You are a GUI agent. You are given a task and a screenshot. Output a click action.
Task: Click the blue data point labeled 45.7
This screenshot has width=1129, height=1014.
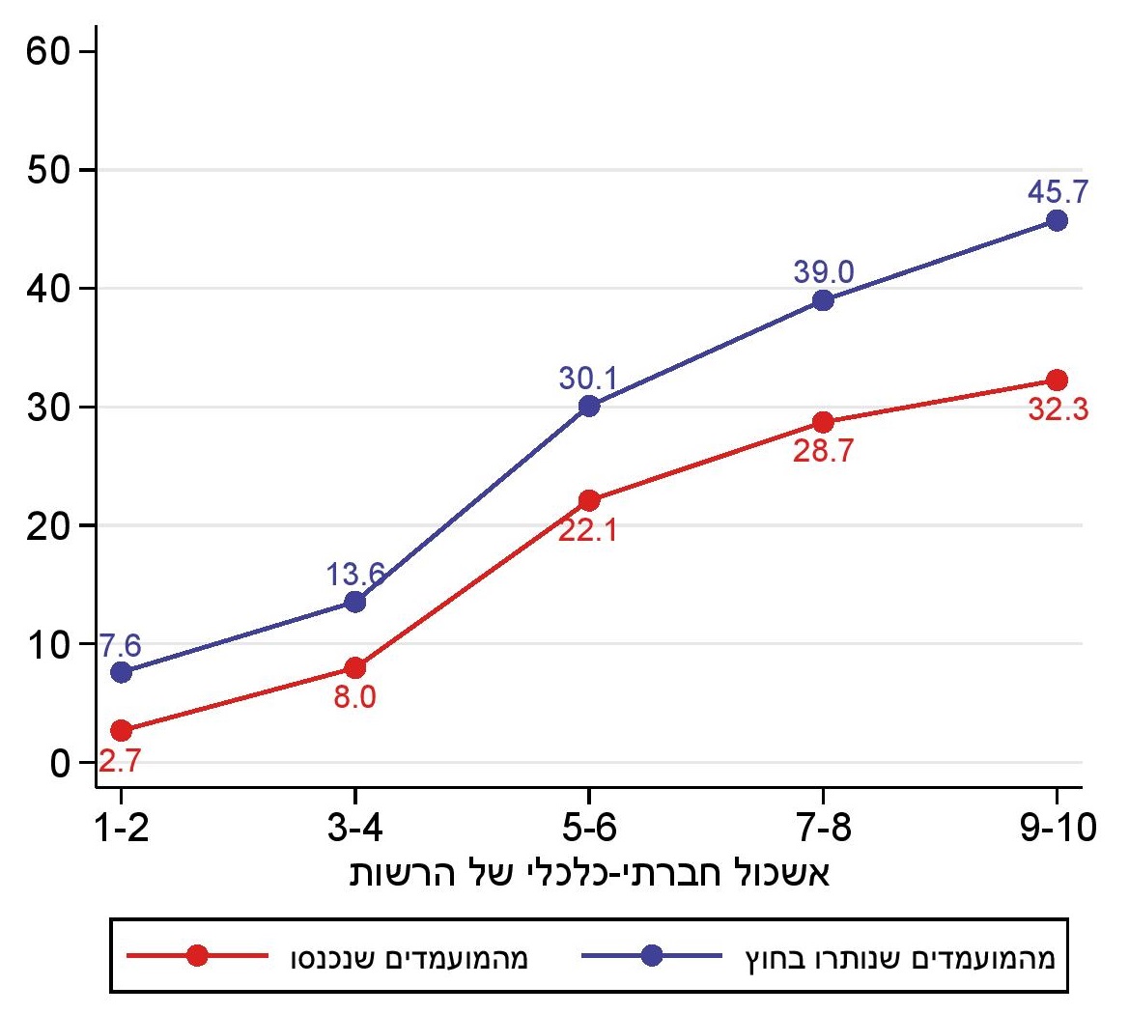point(1057,220)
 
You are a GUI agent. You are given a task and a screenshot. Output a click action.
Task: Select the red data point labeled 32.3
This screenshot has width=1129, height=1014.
point(1057,380)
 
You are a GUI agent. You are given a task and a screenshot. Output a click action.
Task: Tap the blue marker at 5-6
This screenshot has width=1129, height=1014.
point(589,406)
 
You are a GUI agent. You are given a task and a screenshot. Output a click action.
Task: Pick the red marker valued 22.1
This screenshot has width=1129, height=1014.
point(589,500)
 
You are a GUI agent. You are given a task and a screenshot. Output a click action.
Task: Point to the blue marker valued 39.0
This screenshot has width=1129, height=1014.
point(823,300)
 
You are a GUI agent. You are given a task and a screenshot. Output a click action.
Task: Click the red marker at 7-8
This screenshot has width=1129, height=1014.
point(823,422)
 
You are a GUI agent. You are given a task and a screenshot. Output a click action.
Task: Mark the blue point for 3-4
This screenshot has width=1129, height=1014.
point(354,602)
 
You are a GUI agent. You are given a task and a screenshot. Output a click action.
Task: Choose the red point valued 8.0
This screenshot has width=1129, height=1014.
point(354,667)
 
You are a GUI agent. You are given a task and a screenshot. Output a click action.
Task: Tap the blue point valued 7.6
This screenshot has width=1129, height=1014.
point(121,672)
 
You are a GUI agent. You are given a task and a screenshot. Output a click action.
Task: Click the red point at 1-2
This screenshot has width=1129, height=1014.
point(121,730)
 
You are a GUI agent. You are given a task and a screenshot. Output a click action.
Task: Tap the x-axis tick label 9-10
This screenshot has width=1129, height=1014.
point(1057,828)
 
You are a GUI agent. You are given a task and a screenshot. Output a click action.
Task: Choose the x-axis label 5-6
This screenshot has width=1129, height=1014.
point(589,828)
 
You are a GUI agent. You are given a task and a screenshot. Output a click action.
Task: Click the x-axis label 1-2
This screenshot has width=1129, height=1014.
point(121,828)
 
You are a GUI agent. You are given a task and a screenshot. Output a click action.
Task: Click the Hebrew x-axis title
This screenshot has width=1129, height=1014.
point(589,873)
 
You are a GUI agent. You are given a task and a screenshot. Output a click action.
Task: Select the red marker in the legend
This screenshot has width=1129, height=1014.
point(197,956)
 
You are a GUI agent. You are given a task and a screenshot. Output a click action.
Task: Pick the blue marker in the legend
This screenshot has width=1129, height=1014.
point(652,956)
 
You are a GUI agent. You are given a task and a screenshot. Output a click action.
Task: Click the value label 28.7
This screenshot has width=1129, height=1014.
point(823,451)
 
